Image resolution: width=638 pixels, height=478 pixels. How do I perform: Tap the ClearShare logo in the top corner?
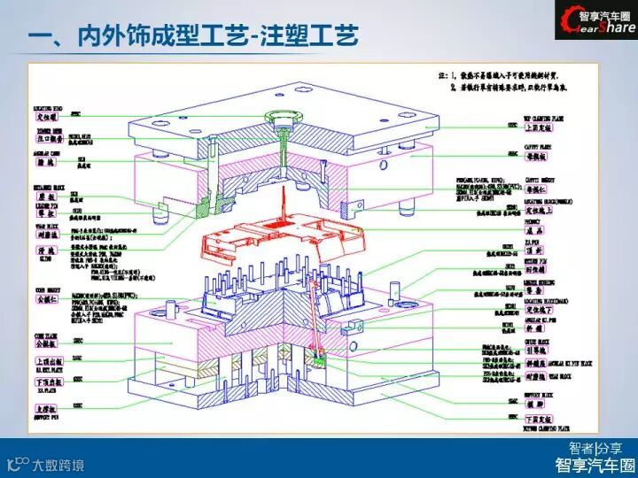595,21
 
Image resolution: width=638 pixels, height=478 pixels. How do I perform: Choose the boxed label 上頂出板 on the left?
46,362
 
